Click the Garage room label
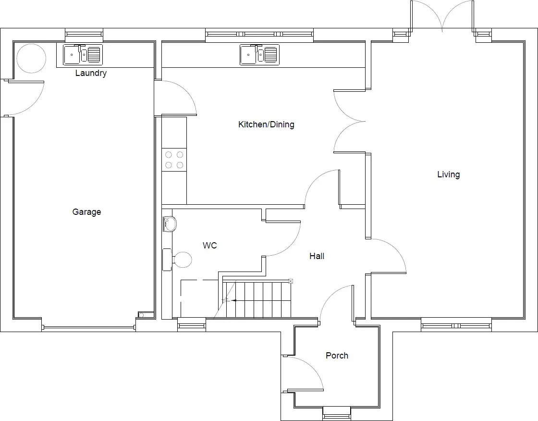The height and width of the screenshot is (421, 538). pyautogui.click(x=86, y=212)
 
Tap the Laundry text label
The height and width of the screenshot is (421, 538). pyautogui.click(x=91, y=73)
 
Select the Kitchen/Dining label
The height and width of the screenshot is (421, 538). pyautogui.click(x=266, y=124)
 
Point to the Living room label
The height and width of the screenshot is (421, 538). pyautogui.click(x=449, y=174)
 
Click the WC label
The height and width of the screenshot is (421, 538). pyautogui.click(x=209, y=246)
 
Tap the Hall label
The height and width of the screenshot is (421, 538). pyautogui.click(x=317, y=256)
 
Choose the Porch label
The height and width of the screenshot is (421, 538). pyautogui.click(x=337, y=356)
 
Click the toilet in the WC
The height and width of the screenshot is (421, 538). pyautogui.click(x=177, y=260)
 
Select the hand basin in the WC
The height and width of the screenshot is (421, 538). pyautogui.click(x=170, y=224)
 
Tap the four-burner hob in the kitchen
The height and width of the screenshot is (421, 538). pyautogui.click(x=174, y=160)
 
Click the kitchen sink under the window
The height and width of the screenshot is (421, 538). pyautogui.click(x=259, y=55)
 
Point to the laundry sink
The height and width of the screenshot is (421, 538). pyautogui.click(x=83, y=55)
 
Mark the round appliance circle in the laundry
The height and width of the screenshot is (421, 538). pyautogui.click(x=31, y=58)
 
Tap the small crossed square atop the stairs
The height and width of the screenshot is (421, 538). pyautogui.click(x=291, y=281)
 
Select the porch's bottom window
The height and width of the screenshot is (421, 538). pyautogui.click(x=337, y=413)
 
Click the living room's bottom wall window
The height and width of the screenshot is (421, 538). pyautogui.click(x=456, y=325)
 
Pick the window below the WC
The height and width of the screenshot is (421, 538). pyautogui.click(x=192, y=324)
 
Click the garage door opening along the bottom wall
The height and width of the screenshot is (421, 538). pyautogui.click(x=88, y=328)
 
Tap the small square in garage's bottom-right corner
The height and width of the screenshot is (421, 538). pyautogui.click(x=141, y=315)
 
